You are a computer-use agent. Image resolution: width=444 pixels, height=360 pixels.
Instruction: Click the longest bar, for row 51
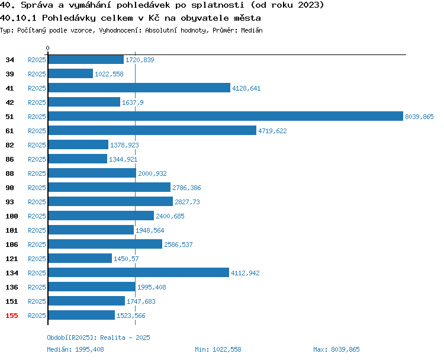(226, 116)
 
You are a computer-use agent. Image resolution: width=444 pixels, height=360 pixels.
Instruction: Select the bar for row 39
(71, 73)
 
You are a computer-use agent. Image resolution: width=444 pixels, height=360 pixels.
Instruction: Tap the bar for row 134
(139, 272)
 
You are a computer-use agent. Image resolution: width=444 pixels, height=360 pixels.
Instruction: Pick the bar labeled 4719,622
(152, 130)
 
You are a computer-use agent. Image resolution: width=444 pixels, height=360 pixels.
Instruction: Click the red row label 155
(12, 316)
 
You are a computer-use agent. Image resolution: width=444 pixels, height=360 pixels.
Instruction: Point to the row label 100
(12, 216)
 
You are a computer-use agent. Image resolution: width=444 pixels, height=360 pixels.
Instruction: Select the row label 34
(9, 60)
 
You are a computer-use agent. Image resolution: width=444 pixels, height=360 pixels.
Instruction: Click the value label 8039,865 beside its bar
(419, 117)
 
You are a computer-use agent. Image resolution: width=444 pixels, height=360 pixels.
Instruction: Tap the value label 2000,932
(152, 173)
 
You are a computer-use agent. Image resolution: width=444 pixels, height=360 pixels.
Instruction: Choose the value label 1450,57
(126, 259)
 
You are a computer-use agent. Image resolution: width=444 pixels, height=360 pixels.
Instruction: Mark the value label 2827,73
(187, 202)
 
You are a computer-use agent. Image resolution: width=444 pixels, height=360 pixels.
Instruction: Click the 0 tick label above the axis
(47, 48)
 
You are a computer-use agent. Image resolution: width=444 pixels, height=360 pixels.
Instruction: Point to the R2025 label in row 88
(37, 173)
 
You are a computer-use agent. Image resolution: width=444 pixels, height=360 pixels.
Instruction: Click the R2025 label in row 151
(37, 301)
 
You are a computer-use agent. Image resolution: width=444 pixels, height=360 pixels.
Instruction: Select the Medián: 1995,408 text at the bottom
(75, 349)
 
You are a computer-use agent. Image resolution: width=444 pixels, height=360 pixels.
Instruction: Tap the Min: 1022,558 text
(218, 349)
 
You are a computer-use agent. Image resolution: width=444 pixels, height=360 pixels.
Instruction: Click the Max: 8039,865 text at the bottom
(336, 349)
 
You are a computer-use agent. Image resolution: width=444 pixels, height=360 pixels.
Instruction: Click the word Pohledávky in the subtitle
(69, 18)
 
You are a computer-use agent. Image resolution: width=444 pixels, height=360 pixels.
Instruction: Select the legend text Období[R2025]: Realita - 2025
(98, 337)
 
